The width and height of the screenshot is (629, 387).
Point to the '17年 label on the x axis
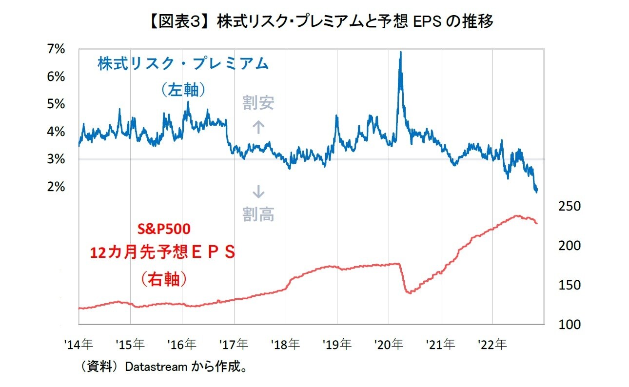tap(233, 345)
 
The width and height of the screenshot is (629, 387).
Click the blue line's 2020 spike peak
tap(400, 52)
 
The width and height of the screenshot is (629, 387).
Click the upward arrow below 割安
tap(258, 128)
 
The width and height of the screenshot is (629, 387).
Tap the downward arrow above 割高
tap(258, 192)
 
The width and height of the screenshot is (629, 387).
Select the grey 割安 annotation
tap(258, 103)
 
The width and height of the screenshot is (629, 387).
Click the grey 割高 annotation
tap(258, 213)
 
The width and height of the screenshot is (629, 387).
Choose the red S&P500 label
tap(162, 229)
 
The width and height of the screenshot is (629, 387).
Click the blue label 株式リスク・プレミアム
tap(183, 64)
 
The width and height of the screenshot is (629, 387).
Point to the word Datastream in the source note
tap(156, 367)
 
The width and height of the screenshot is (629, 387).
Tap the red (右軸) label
tap(162, 279)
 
